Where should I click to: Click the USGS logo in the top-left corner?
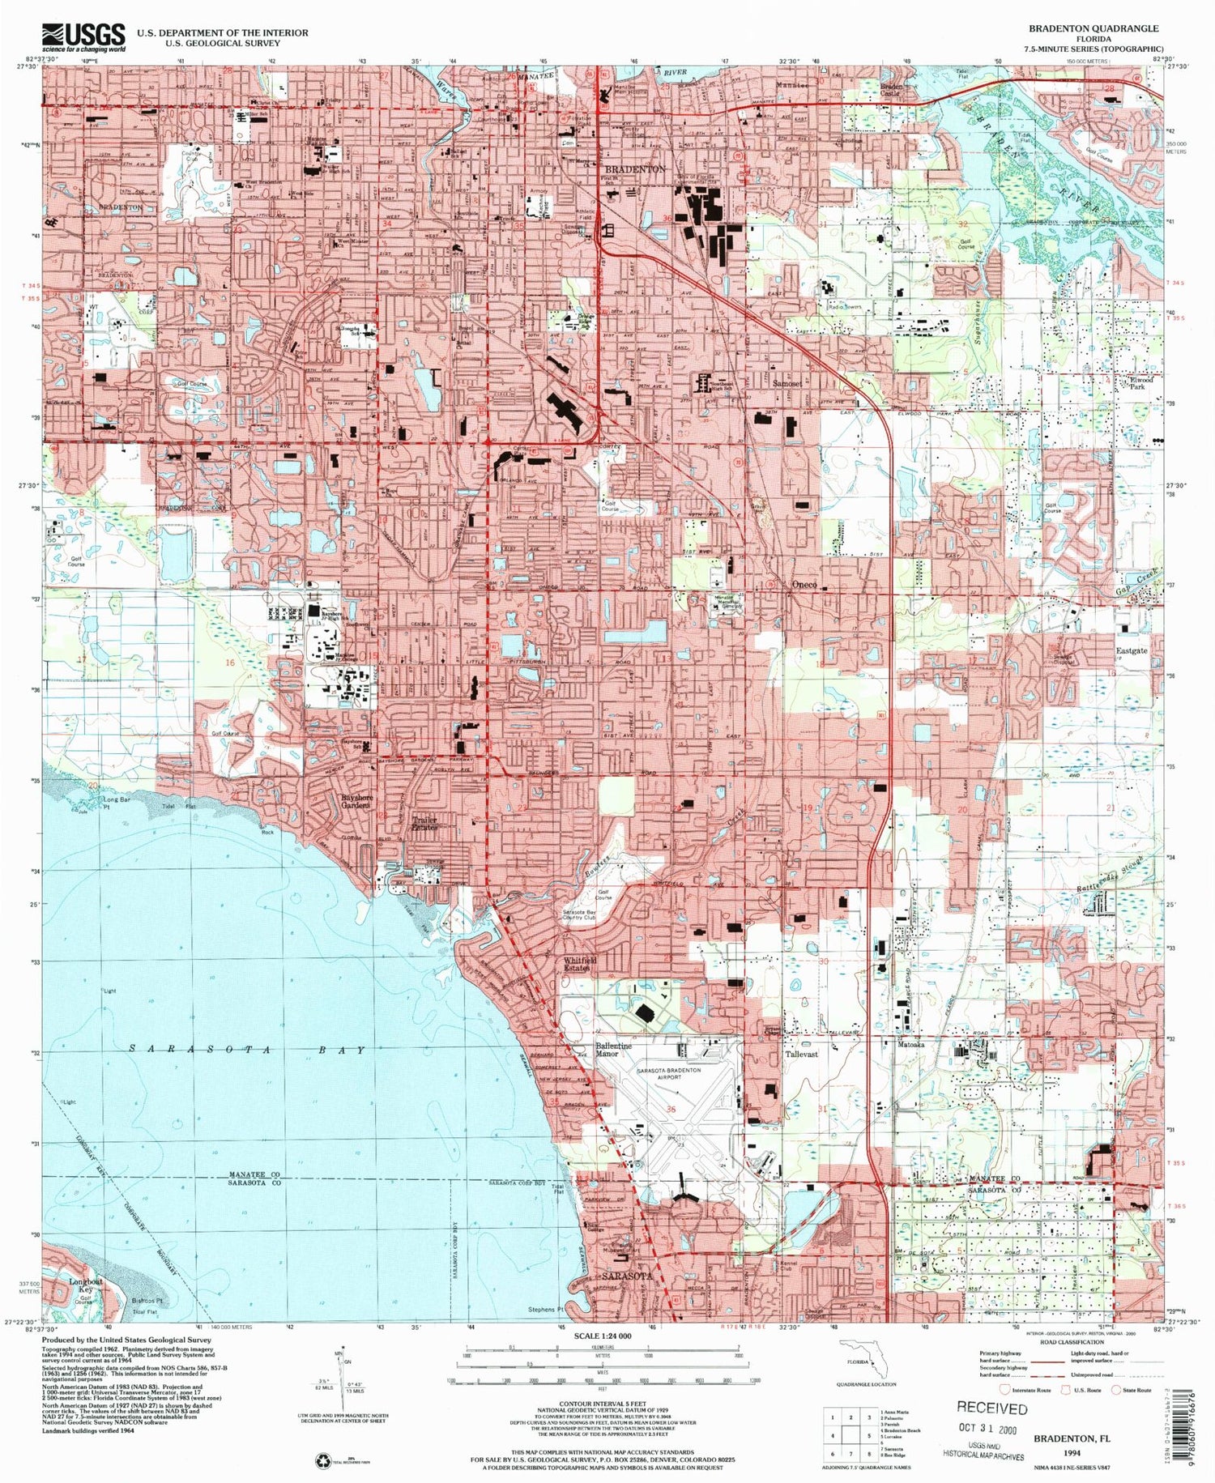pos(84,37)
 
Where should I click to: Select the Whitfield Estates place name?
pos(580,964)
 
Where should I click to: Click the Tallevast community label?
pos(800,1055)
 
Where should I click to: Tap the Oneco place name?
pos(804,585)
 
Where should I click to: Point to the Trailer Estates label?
pos(424,824)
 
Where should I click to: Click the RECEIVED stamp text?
pos(991,1408)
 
